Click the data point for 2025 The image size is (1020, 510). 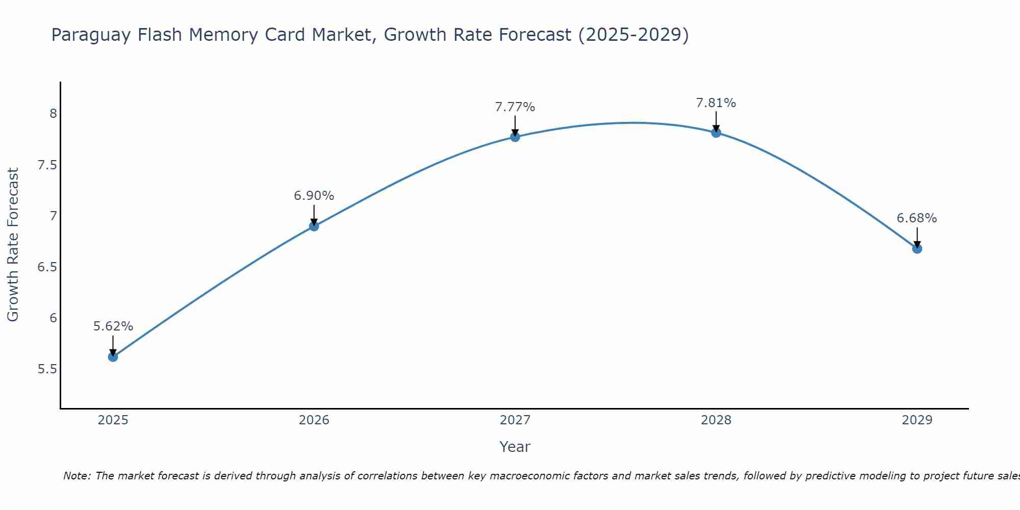pos(113,357)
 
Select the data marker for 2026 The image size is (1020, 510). pos(314,226)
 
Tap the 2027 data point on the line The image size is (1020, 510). pos(515,137)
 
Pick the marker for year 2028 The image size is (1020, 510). pos(716,133)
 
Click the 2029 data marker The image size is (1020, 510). pos(917,249)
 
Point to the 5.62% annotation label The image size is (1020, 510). pos(113,326)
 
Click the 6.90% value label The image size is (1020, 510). pos(314,196)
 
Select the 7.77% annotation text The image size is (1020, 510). pos(515,107)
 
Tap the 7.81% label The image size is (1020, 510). pos(716,103)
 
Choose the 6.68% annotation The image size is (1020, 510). pos(917,218)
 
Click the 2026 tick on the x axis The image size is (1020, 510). pos(314,420)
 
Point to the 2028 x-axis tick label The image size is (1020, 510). pos(716,420)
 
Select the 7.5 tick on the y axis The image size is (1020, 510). pos(47,165)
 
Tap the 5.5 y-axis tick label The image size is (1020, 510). pos(47,369)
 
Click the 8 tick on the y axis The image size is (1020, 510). pos(53,114)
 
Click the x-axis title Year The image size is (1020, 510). pos(515,447)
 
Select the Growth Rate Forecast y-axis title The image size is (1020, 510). pos(13,245)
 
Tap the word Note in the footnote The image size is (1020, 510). pos(76,476)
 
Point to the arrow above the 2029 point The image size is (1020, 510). pos(917,237)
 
